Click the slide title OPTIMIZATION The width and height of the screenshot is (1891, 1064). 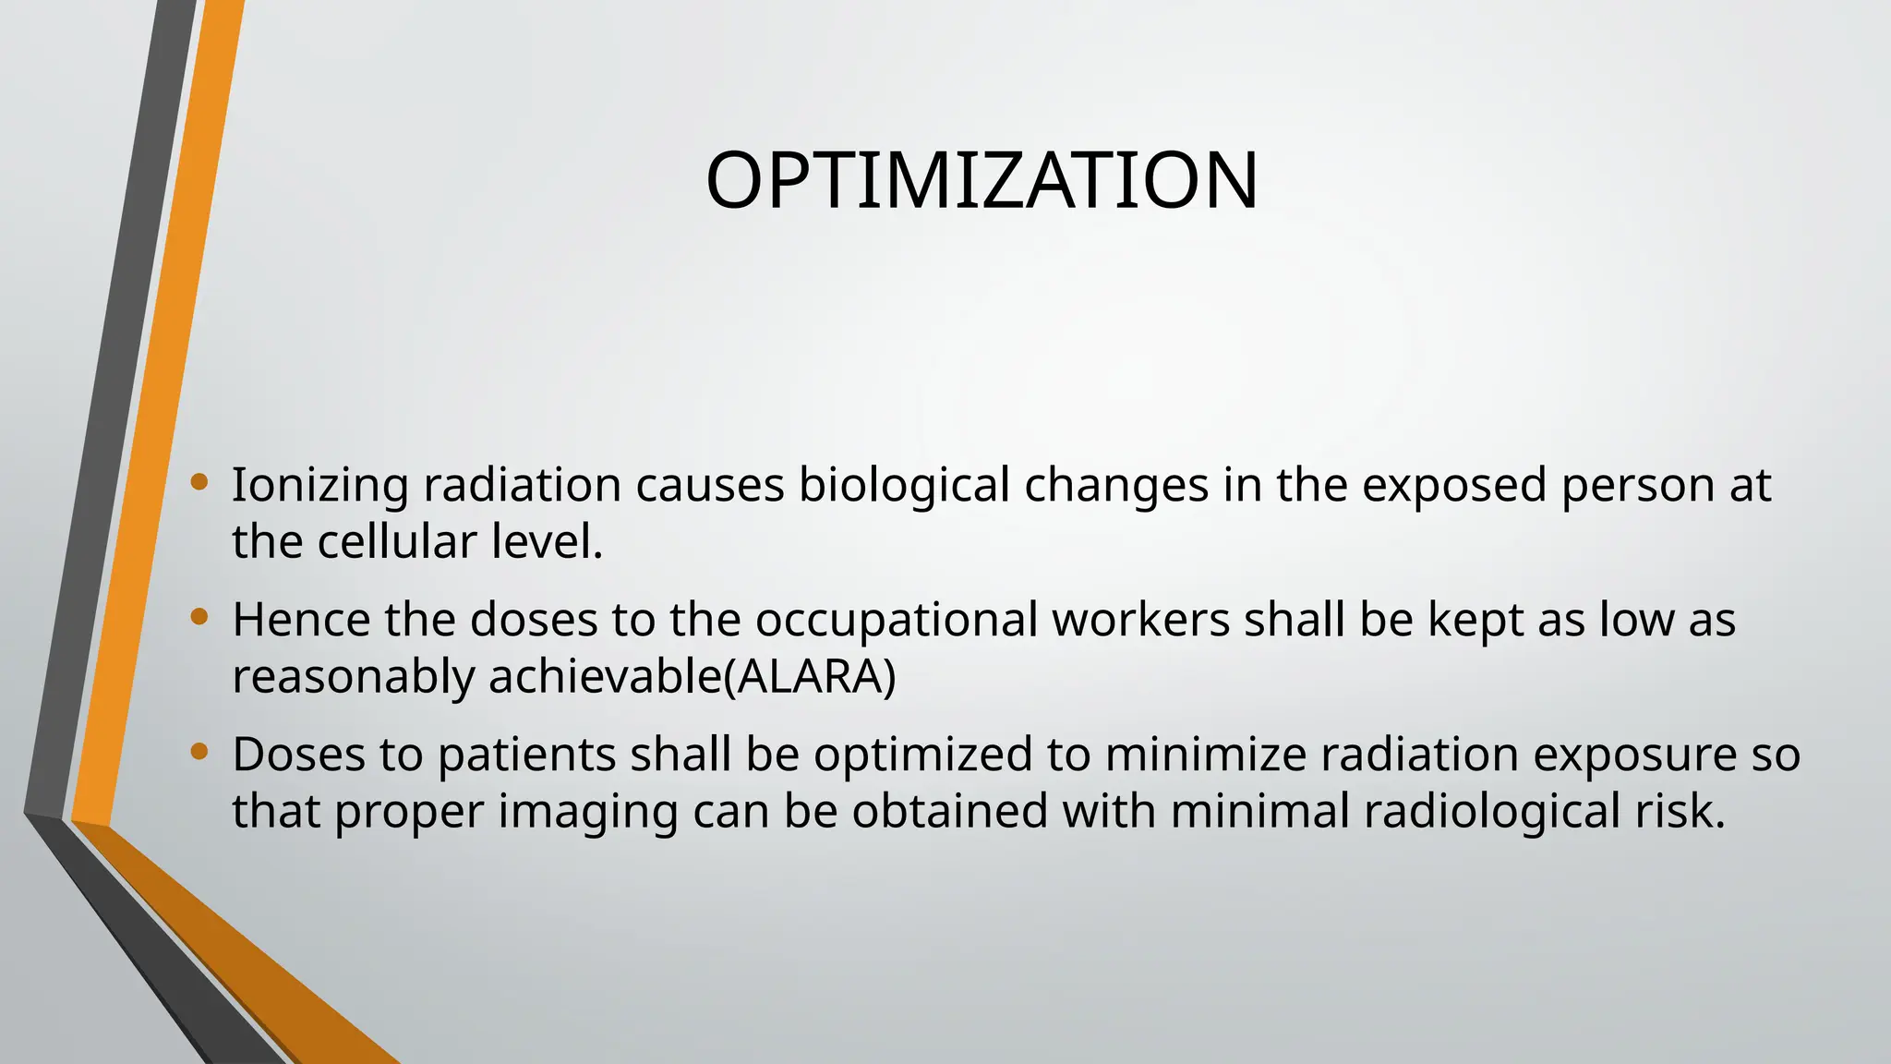click(x=982, y=180)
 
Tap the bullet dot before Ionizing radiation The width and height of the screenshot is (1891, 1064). click(x=199, y=481)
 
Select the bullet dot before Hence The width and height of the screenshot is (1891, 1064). click(x=199, y=616)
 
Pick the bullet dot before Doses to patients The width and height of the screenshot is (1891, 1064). click(x=199, y=751)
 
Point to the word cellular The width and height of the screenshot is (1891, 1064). click(x=397, y=542)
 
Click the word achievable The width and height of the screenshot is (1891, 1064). click(x=604, y=677)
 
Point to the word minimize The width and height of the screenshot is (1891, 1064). click(x=1206, y=755)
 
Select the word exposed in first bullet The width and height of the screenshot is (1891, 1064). click(x=1454, y=486)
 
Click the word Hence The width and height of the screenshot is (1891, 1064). click(x=301, y=620)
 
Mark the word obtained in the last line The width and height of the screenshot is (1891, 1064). click(x=950, y=811)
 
